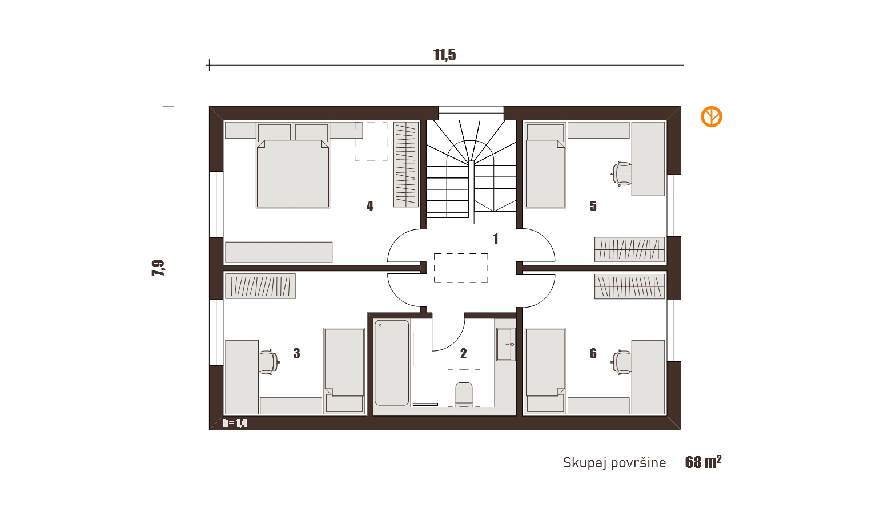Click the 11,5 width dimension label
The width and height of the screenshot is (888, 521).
tap(444, 55)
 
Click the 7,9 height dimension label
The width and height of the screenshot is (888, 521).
tap(158, 268)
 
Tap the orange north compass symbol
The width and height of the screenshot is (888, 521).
tap(711, 116)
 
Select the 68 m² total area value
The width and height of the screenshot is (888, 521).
tap(704, 462)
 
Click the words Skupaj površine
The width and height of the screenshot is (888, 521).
tap(614, 463)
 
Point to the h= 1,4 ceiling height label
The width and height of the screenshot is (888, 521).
tap(235, 423)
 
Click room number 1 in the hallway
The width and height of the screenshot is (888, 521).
tap(495, 239)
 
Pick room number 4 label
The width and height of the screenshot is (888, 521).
tap(369, 206)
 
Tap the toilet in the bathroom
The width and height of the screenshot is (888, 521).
tap(464, 394)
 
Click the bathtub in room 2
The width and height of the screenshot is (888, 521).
tap(392, 362)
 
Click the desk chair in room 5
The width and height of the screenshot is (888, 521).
tap(621, 173)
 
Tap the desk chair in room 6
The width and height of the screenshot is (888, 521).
tap(621, 362)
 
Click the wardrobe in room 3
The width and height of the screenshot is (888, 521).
tap(260, 286)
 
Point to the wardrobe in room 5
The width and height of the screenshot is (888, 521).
tap(629, 249)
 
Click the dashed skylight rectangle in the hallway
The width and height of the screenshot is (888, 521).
tap(461, 268)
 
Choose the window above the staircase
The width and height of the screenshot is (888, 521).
tap(471, 113)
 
